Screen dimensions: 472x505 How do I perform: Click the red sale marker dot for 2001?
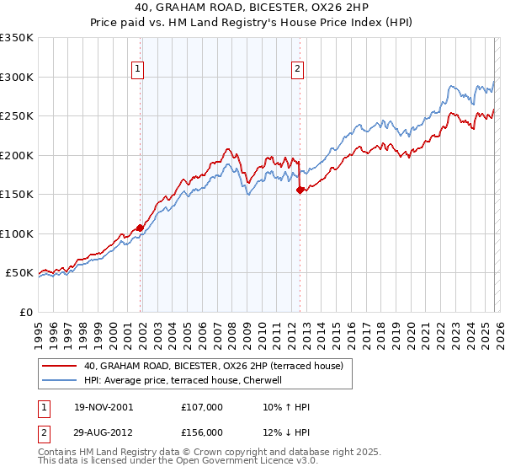pos(141,228)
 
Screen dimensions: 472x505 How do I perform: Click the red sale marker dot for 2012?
pos(300,190)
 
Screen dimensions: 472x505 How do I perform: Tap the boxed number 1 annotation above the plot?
pos(137,70)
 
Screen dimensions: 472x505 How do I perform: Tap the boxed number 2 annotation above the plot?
pos(297,70)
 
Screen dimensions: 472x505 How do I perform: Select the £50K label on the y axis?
pos(19,273)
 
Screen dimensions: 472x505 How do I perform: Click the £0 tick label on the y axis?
pos(27,312)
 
